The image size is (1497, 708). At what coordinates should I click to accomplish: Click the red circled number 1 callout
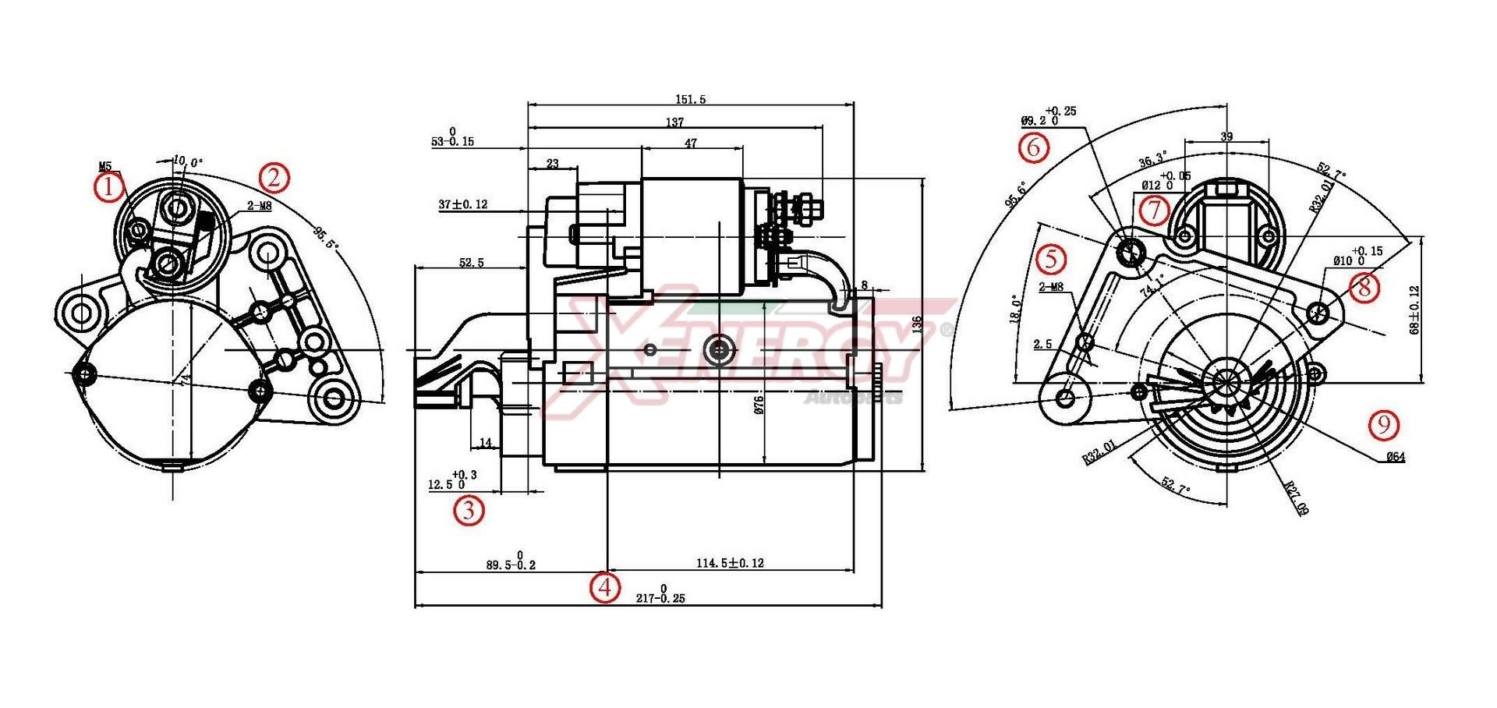point(110,187)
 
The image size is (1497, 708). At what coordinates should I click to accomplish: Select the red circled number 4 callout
point(605,586)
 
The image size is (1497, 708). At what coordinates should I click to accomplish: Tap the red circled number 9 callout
point(1384,424)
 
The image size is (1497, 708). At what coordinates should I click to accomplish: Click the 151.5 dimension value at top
point(690,99)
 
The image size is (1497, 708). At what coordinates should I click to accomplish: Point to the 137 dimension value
point(674,122)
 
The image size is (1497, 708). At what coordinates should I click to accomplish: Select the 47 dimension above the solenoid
point(690,143)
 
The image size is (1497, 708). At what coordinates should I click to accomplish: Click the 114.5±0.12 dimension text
point(730,562)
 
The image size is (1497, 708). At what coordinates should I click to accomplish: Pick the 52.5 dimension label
point(471,263)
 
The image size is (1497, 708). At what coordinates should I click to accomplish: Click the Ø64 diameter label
point(1395,457)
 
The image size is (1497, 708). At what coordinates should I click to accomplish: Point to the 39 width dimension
point(1226,136)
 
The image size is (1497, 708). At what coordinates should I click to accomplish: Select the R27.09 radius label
point(1297,499)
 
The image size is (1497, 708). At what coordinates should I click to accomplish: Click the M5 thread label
point(105,166)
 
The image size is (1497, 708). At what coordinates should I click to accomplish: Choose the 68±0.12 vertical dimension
point(1414,310)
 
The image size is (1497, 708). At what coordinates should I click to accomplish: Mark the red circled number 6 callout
point(1033,147)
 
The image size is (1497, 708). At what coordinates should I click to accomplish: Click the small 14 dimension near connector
point(486,443)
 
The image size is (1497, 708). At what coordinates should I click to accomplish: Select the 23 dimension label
point(552,164)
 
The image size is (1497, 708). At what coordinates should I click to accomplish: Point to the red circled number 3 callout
point(469,510)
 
